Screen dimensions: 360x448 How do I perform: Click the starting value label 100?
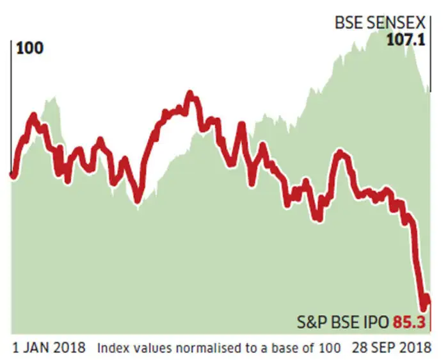[x=29, y=49]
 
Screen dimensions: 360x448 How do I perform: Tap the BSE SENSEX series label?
[x=380, y=23]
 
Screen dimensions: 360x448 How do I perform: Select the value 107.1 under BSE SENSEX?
[x=406, y=39]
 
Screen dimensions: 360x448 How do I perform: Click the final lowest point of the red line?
[x=423, y=306]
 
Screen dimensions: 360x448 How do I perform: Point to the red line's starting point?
[x=12, y=174]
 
